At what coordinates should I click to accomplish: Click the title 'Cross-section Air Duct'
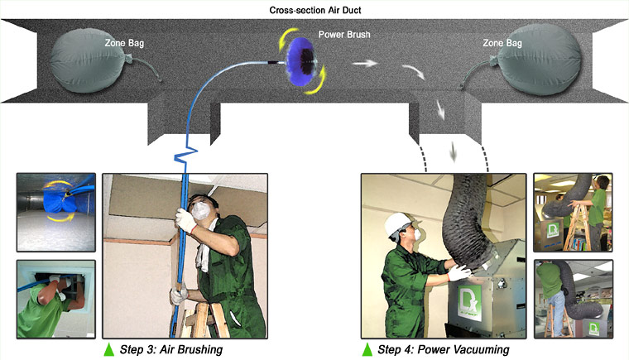315,10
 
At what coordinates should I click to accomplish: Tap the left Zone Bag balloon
88,60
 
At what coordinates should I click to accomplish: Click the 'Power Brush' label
344,35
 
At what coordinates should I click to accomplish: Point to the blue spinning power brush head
301,61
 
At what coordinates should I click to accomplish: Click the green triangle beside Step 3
109,349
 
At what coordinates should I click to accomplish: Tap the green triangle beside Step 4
367,349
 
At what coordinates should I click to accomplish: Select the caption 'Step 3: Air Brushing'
171,349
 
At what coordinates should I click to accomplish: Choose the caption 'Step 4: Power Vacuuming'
444,349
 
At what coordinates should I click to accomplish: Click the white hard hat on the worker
397,224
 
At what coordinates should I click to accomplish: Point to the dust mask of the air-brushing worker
201,210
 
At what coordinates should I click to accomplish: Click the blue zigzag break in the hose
185,156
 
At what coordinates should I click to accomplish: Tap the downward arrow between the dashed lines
454,151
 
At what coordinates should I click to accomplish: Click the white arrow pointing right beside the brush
365,63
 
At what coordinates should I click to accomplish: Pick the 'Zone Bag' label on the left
124,43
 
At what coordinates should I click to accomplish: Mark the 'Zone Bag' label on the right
502,43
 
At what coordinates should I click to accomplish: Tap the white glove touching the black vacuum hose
459,273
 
